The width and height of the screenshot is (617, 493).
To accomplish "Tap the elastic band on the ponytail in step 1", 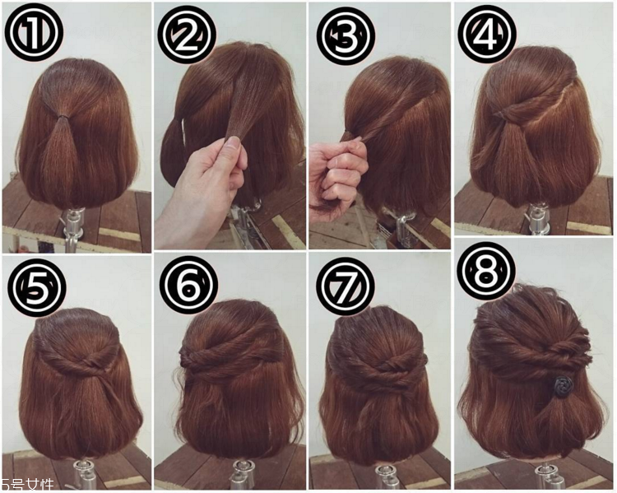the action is (61, 116).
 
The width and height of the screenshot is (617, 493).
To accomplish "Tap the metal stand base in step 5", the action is (86, 474).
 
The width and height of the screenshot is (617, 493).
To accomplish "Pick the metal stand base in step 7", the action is (387, 477).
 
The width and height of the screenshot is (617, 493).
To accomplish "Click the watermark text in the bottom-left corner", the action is (27, 485).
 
